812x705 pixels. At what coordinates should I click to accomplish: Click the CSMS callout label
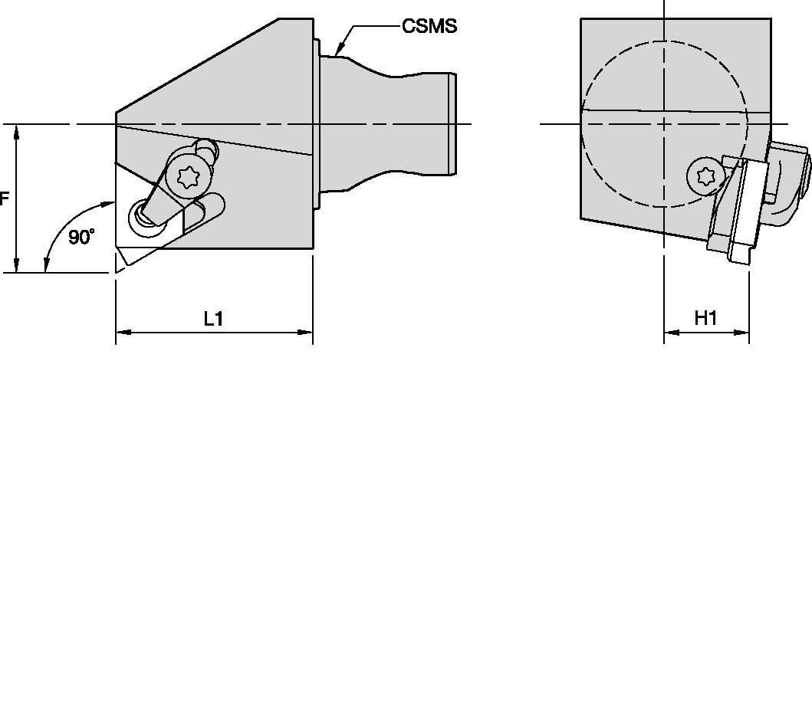(x=429, y=26)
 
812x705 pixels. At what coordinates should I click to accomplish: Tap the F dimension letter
(x=5, y=199)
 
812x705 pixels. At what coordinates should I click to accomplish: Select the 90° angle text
(x=81, y=237)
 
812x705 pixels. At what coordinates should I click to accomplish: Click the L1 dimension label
(x=213, y=318)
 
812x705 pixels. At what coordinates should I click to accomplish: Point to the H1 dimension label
(x=705, y=318)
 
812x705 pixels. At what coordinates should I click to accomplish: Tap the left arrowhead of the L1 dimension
(x=121, y=333)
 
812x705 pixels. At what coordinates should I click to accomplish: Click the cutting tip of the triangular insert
(x=117, y=267)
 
